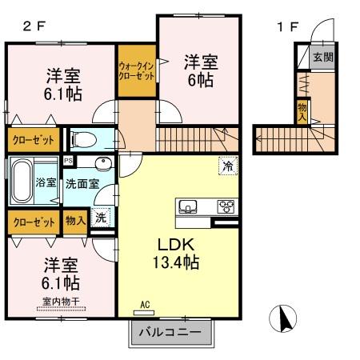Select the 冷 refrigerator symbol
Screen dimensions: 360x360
(x=228, y=166)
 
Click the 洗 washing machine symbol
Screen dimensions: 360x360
(x=100, y=216)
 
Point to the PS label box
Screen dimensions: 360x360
(x=68, y=160)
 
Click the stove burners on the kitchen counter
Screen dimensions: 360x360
(x=226, y=206)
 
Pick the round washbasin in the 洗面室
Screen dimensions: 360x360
(x=102, y=166)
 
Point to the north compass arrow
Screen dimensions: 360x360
(x=284, y=322)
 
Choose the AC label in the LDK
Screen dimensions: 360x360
(x=145, y=304)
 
